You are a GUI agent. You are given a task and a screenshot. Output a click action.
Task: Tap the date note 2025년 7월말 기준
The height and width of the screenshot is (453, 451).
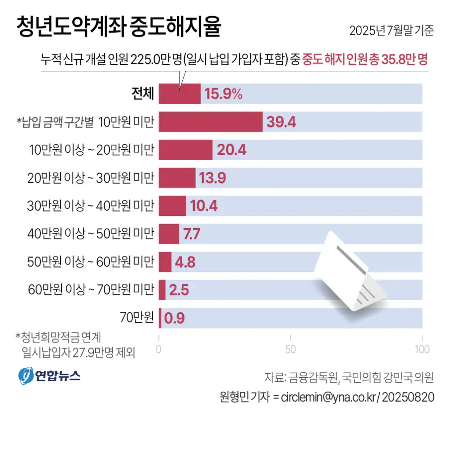pos(391,30)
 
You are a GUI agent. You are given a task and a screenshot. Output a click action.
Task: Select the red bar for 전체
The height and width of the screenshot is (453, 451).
pos(179,94)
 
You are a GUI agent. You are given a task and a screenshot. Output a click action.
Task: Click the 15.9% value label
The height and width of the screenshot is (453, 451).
pos(224,94)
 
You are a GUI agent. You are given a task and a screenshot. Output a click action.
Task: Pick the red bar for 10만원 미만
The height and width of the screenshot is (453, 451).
pos(211,122)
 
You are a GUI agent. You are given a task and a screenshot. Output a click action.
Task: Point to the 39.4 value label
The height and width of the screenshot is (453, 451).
pos(281,122)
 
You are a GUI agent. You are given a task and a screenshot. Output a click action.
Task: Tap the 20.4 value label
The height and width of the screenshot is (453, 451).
pos(231,150)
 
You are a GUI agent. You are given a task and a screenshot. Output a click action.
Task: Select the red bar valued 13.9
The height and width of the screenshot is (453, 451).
pos(177,178)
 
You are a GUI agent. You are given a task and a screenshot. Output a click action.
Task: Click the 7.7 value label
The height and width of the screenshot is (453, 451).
pos(192,234)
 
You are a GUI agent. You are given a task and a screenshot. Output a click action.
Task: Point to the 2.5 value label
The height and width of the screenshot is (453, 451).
pos(179,290)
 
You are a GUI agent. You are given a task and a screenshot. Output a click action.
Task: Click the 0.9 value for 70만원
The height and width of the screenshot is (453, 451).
pos(175,318)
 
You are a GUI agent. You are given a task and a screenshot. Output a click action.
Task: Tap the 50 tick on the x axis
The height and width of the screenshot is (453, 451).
pos(290,349)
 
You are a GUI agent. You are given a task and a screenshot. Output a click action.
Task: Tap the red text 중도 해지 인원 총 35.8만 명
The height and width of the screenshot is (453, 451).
pos(365,59)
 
